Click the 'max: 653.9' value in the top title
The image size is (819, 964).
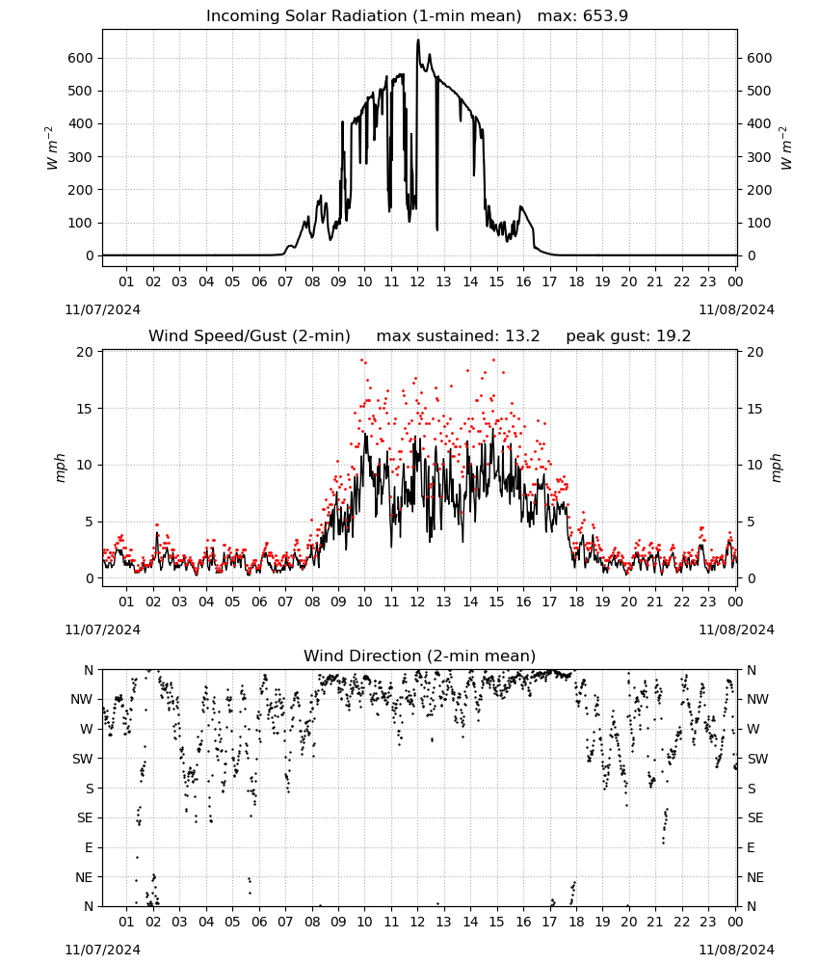583,15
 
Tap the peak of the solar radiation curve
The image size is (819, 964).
418,40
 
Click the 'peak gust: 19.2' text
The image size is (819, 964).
628,336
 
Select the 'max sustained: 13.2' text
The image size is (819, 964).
458,336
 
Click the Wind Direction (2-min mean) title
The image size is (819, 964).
420,656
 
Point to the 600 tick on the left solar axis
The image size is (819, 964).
81,58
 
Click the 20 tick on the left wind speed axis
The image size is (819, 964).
85,352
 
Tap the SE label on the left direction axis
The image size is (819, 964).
85,817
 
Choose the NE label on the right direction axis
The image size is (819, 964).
755,877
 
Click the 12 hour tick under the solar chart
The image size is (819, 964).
418,281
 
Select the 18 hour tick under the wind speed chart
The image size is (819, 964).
576,602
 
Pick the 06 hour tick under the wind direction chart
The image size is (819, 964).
259,922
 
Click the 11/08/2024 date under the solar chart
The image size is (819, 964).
736,309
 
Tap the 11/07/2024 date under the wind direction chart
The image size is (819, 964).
102,950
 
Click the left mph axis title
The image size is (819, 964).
60,468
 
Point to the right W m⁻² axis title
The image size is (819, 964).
786,148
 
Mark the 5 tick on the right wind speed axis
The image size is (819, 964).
751,522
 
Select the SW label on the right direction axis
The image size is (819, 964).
757,759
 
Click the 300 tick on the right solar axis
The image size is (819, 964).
759,157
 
